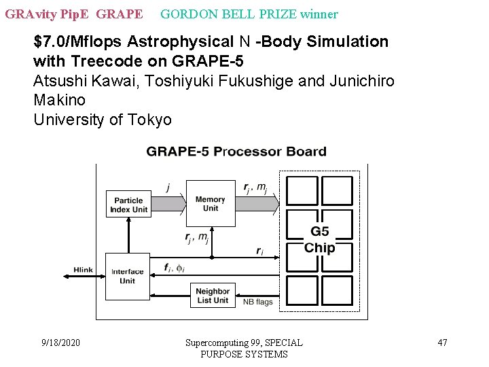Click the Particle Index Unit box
point(128,205)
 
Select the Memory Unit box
point(210,203)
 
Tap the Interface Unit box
point(128,276)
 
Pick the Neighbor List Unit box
point(213,296)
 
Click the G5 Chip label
point(319,240)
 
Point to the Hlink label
point(84,270)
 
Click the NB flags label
point(257,302)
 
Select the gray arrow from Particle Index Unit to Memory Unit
point(168,203)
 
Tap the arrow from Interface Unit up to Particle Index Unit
point(127,235)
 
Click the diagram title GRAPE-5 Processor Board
point(236,152)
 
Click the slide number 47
point(442,343)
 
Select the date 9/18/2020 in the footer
point(60,343)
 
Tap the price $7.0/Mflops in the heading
point(77,42)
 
